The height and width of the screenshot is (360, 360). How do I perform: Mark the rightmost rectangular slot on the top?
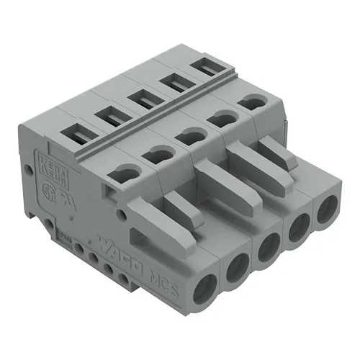click(204, 70)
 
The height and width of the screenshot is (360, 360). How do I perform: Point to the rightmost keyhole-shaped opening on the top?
click(253, 104)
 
